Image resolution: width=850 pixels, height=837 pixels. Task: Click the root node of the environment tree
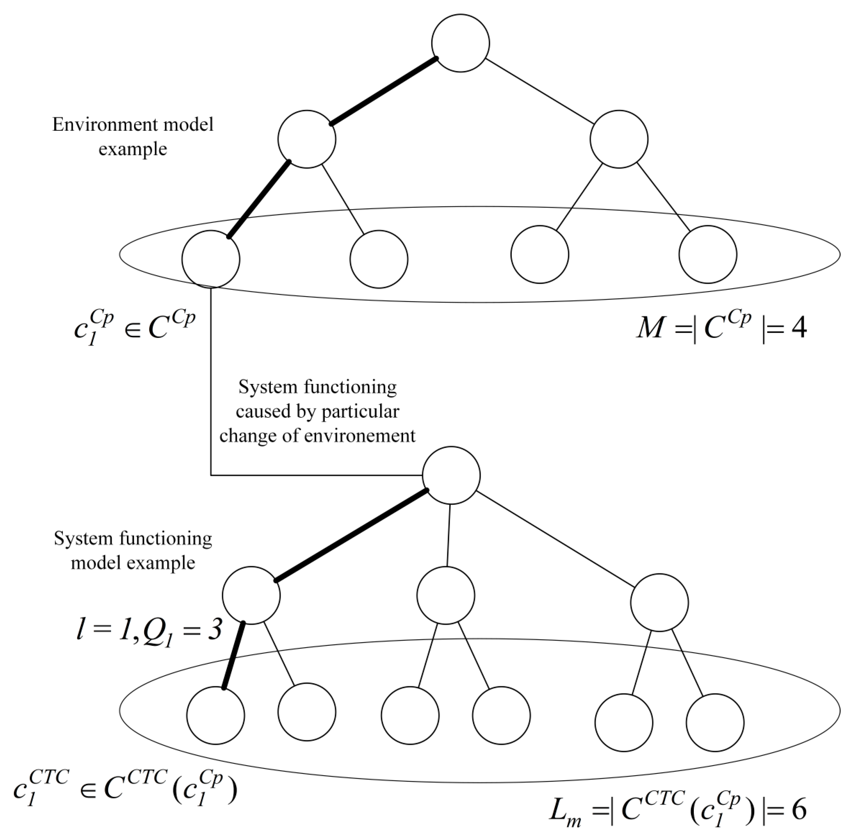click(460, 43)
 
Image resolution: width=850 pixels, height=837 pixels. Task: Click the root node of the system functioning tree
click(451, 475)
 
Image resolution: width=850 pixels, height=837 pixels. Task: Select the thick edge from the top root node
click(383, 91)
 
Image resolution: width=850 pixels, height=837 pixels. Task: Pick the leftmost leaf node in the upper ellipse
click(211, 259)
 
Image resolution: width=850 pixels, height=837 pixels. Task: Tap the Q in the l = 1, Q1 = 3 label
click(154, 631)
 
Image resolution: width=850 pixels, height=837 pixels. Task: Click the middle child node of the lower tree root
click(445, 595)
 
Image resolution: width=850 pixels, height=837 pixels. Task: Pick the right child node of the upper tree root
click(618, 139)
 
